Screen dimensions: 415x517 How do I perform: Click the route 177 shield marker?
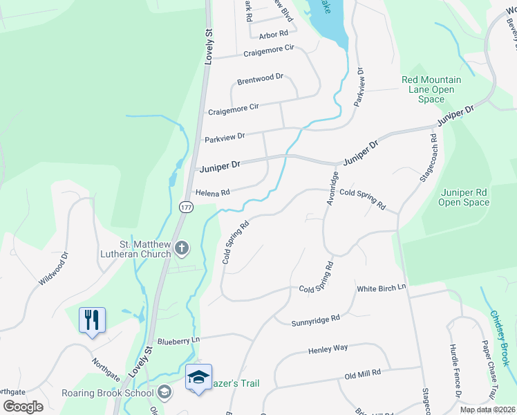[x=186, y=207]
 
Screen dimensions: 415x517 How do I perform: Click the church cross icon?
[x=182, y=248]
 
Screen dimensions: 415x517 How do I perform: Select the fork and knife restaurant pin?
[x=92, y=320]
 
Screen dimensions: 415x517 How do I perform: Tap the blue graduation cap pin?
[x=198, y=378]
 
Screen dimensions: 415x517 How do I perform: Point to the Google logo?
[x=23, y=407]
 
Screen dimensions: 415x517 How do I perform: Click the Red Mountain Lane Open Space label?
[x=431, y=90]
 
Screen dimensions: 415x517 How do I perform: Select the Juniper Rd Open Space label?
[x=474, y=197]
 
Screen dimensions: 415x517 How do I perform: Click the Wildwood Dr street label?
[x=54, y=268]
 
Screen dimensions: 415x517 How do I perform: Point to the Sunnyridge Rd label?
[x=317, y=319]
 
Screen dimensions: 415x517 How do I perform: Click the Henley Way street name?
[x=328, y=349]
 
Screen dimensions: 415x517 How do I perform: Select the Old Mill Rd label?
[x=363, y=373]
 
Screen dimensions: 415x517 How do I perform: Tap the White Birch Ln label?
[x=381, y=288]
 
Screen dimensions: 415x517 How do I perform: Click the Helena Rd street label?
[x=211, y=192]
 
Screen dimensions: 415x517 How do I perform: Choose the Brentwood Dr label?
[x=260, y=80]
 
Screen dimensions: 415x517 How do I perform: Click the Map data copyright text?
[x=487, y=409]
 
